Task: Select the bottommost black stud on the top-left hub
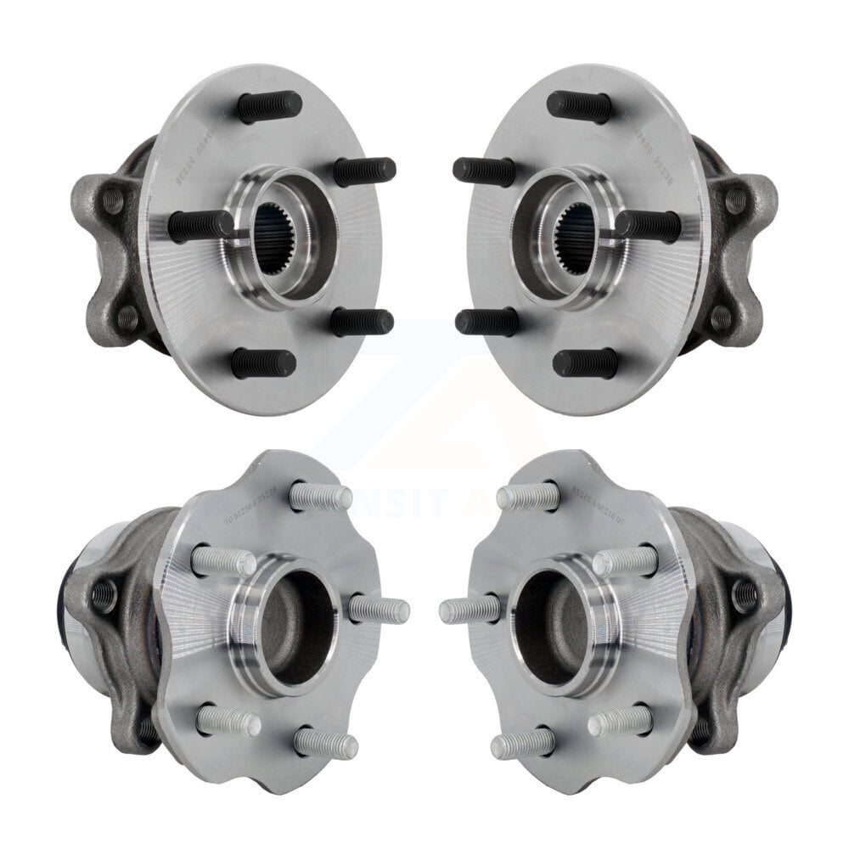263,363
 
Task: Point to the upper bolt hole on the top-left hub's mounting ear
112,201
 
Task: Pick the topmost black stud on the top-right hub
580,107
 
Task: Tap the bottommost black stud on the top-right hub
586,363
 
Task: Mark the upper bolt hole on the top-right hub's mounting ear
736,201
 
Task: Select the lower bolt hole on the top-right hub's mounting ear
721,319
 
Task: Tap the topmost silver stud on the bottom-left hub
320,497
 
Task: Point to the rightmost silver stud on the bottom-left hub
379,610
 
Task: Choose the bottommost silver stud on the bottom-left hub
326,745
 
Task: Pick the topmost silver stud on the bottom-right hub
528,497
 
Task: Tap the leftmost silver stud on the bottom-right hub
470,610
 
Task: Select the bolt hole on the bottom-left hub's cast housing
104,595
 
